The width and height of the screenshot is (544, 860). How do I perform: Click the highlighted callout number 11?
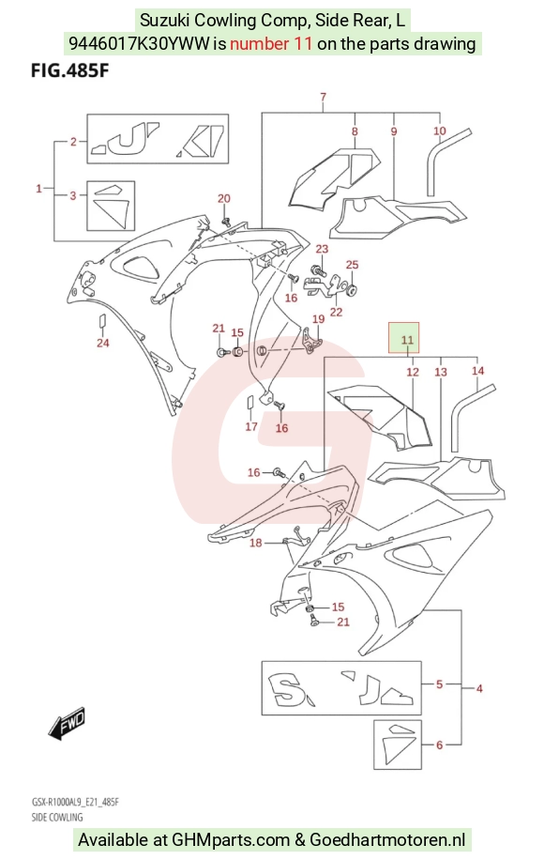point(407,340)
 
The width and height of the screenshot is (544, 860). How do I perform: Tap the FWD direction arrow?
point(68,721)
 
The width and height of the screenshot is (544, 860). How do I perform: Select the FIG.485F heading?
point(69,71)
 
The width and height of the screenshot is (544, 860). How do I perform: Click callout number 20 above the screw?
point(224,198)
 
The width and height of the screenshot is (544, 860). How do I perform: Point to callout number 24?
point(103,344)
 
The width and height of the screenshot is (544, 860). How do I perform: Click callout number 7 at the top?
point(324,97)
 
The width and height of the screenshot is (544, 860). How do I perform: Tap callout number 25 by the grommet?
point(353,265)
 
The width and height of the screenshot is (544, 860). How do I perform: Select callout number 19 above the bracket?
point(318,319)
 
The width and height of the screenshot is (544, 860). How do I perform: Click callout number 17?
point(251,426)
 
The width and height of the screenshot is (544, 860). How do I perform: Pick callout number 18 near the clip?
point(256,543)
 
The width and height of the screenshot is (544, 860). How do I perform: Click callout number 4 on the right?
point(479,688)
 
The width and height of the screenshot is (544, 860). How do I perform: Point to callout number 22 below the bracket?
point(336,312)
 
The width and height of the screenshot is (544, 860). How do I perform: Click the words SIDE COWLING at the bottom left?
point(57,817)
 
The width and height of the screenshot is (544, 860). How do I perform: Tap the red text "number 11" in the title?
point(271,43)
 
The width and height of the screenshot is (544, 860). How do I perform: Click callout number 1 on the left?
point(38,189)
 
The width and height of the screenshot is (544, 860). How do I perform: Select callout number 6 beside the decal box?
point(439,745)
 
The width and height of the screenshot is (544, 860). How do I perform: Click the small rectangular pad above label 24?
point(102,321)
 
